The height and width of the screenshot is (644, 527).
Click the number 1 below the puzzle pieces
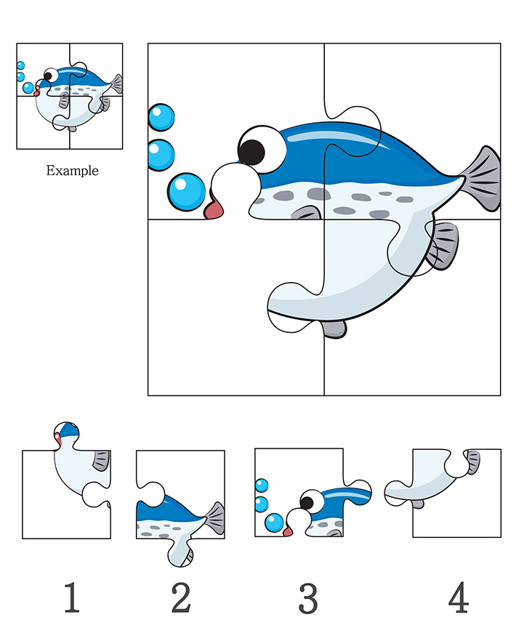click(71, 597)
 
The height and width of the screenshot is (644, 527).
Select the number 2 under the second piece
click(180, 597)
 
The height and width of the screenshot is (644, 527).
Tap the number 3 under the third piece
click(308, 597)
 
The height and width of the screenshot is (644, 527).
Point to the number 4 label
click(457, 597)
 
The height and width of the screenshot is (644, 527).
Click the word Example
click(72, 171)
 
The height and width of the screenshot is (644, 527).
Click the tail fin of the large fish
click(482, 177)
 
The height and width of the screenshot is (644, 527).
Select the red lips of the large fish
click(214, 209)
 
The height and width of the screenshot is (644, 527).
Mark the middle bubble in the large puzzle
click(161, 153)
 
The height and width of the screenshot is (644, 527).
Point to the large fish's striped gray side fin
click(441, 245)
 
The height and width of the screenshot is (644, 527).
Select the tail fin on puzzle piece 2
click(214, 518)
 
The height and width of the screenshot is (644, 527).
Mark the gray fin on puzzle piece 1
click(100, 460)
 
